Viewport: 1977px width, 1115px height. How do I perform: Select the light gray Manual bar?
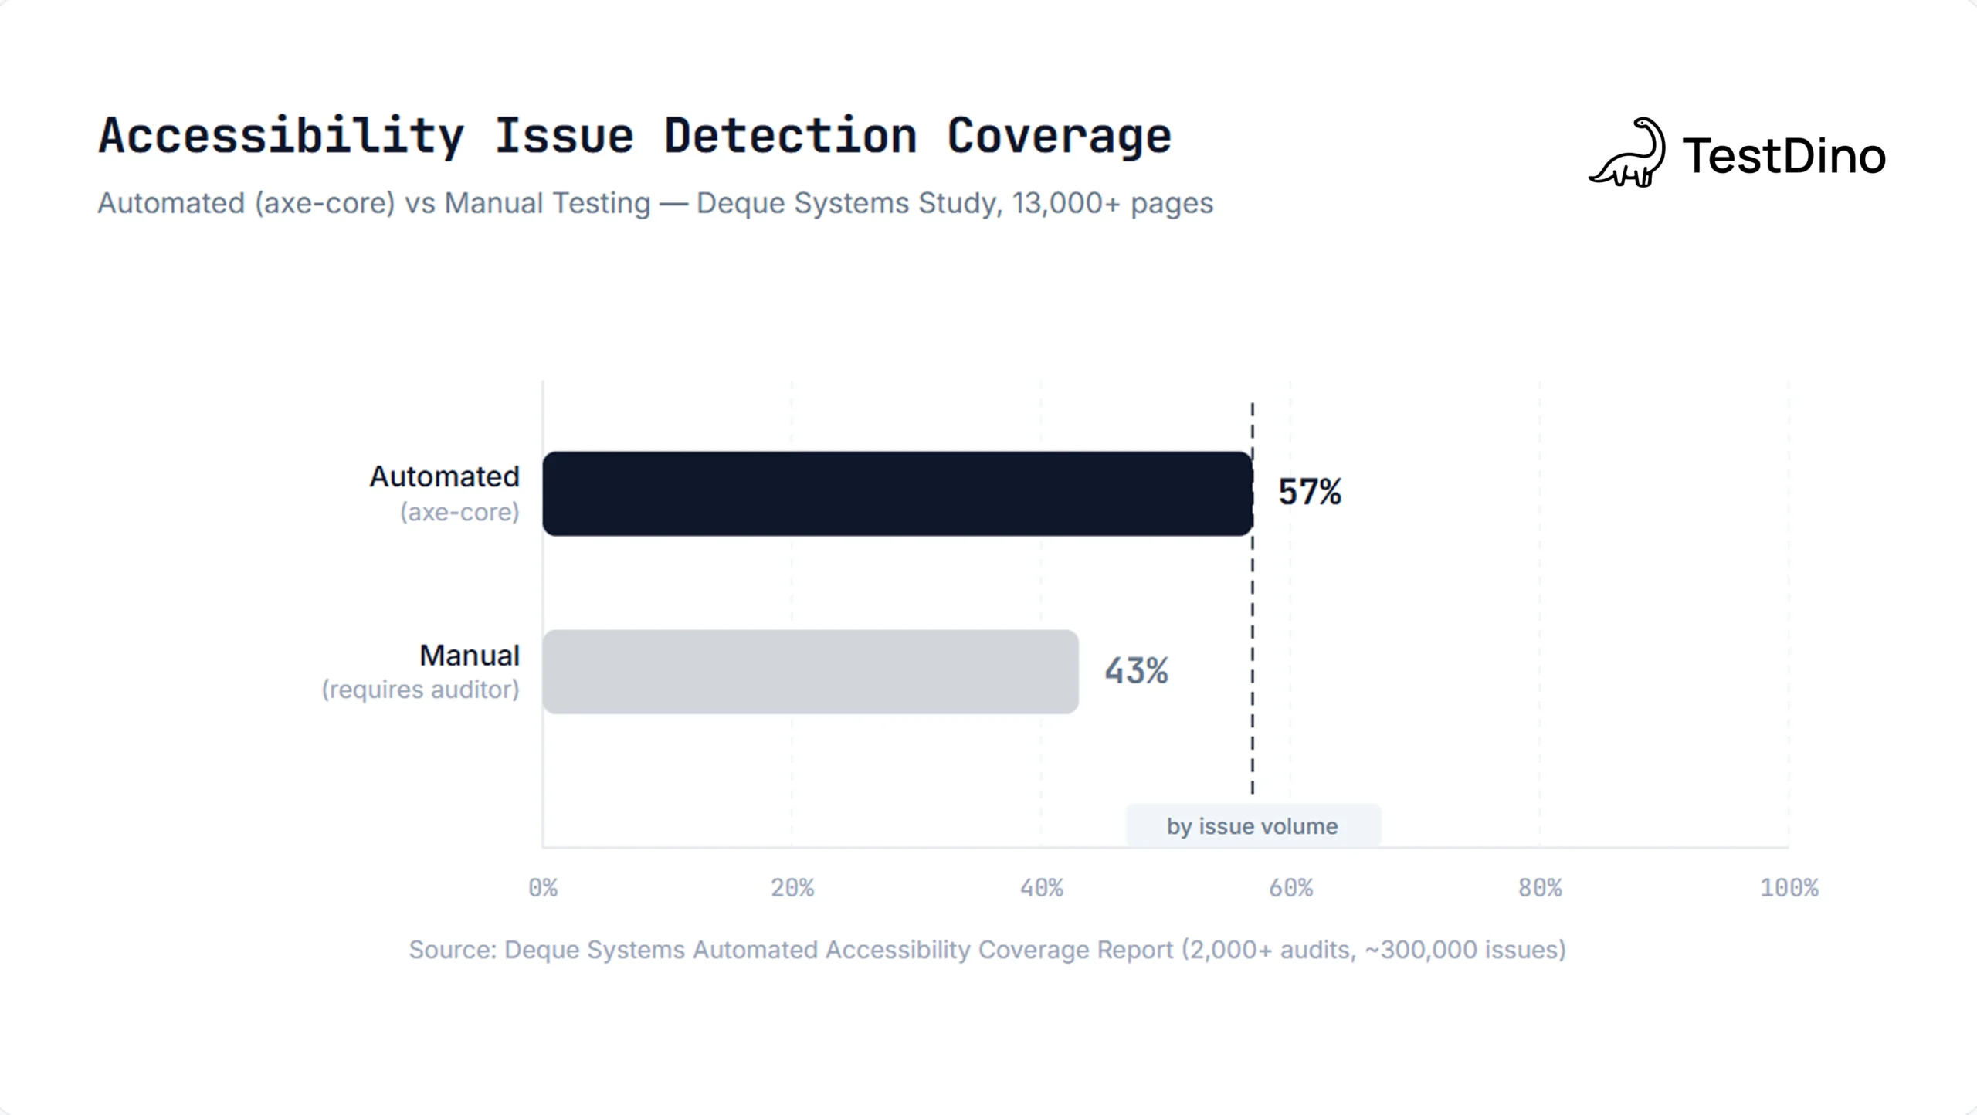809,672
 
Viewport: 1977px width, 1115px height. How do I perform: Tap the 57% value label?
1310,492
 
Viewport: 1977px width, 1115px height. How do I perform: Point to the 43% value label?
1136,670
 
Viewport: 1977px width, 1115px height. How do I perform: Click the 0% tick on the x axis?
543,888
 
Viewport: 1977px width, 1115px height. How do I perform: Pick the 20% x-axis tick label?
792,888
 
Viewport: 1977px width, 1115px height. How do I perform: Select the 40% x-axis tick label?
1042,888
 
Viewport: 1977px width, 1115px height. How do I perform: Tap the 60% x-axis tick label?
1291,888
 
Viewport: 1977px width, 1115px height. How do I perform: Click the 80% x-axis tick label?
1540,888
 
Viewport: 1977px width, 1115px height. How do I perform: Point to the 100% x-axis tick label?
1789,888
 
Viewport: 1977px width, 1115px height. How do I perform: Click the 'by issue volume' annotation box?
1252,826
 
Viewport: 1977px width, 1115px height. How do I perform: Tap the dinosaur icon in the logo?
1627,153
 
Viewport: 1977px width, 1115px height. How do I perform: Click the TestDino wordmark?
1784,156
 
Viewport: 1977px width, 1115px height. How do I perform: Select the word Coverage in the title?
1059,137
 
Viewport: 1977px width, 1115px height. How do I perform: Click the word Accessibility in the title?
281,137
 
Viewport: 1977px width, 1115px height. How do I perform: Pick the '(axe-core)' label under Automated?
459,512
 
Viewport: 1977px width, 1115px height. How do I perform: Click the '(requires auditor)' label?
420,690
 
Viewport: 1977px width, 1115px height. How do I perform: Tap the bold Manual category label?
469,656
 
